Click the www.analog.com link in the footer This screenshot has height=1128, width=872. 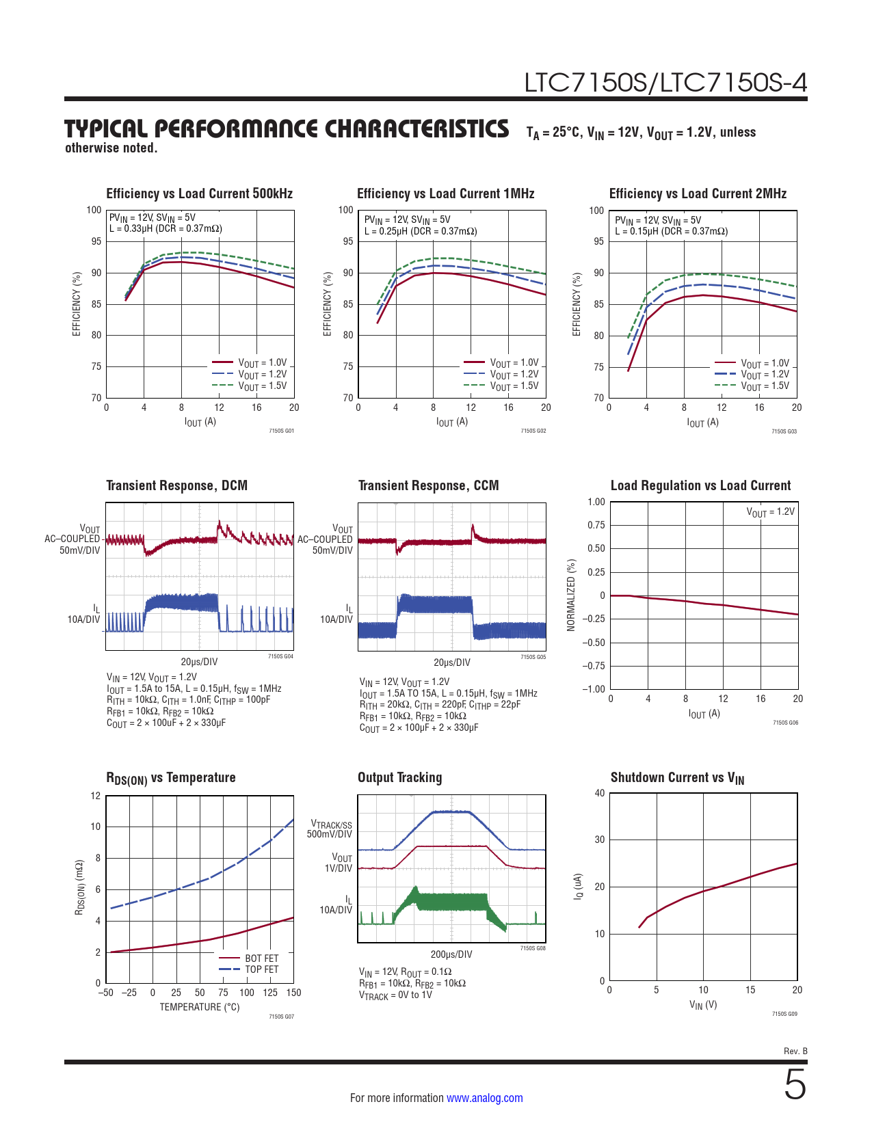click(484, 1098)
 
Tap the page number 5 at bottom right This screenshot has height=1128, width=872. click(795, 1086)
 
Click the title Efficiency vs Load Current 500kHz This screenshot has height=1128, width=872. click(199, 193)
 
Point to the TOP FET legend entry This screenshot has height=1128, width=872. click(261, 969)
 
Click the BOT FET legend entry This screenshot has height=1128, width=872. click(261, 958)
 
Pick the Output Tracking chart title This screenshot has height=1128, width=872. click(399, 777)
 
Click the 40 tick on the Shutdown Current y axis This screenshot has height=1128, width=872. click(600, 793)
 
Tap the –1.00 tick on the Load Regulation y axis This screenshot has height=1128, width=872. click(594, 689)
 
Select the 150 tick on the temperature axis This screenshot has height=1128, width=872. click(293, 993)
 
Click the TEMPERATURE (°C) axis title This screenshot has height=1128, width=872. click(200, 1007)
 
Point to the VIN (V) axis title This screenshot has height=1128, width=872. click(703, 1004)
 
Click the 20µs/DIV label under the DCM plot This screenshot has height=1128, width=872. click(199, 662)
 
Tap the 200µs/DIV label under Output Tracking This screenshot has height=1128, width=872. click(451, 954)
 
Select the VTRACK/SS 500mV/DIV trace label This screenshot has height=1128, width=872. click(331, 829)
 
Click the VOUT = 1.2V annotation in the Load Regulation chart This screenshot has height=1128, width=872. click(770, 512)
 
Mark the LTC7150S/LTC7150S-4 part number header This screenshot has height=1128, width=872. click(665, 83)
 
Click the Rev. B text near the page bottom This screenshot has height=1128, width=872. click(795, 1051)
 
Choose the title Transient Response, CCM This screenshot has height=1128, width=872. click(428, 485)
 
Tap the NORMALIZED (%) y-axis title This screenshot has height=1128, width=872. click(572, 595)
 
